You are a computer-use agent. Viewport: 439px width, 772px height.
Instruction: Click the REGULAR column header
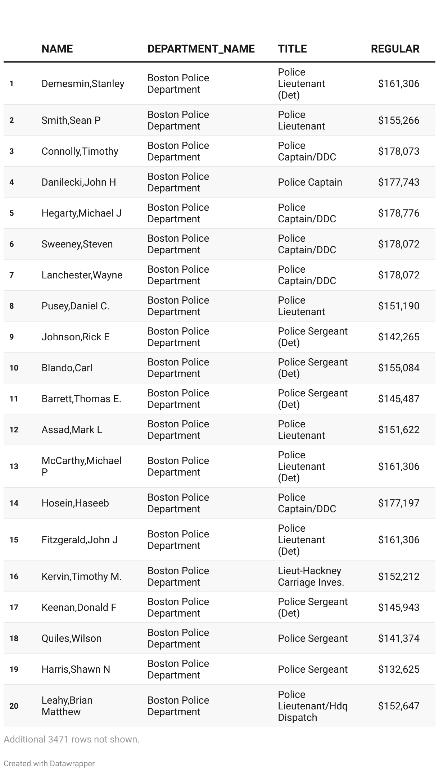[x=395, y=49]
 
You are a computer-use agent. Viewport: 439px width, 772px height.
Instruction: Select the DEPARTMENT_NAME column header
[x=201, y=49]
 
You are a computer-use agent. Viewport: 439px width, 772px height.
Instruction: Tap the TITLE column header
[x=292, y=49]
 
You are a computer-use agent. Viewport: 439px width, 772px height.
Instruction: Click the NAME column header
[x=57, y=49]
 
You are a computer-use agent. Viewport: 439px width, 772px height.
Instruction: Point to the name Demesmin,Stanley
[x=83, y=84]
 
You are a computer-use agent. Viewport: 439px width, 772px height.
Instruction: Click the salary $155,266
[x=398, y=121]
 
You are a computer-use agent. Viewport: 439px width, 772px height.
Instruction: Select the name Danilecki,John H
[x=78, y=182]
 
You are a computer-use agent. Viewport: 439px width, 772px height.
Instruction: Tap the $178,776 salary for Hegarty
[x=398, y=213]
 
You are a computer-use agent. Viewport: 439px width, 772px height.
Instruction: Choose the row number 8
[x=12, y=306]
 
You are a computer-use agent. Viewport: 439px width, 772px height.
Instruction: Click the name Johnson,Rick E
[x=75, y=337]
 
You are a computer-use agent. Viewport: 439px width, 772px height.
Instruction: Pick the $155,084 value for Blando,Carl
[x=398, y=368]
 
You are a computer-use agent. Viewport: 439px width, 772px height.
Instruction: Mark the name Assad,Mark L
[x=72, y=430]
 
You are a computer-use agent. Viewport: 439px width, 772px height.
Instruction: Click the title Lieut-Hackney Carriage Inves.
[x=311, y=577]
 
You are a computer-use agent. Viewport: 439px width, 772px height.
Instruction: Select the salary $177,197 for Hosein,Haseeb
[x=398, y=503]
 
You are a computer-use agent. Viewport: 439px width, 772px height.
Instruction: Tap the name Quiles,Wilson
[x=71, y=639]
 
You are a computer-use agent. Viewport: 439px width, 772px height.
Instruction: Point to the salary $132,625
[x=398, y=669]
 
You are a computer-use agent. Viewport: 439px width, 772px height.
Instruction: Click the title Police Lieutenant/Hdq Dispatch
[x=312, y=706]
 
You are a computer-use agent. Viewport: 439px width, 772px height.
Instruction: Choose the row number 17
[x=14, y=608]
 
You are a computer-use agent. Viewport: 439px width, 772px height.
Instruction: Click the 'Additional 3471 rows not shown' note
[x=71, y=740]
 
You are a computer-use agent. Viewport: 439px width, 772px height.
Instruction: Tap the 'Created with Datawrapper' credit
[x=49, y=764]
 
